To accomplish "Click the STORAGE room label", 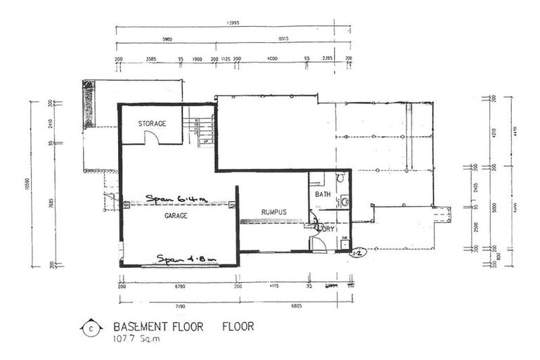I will (152, 124).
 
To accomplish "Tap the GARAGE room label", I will (176, 216).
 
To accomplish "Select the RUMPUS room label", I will (274, 212).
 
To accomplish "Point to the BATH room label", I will (323, 194).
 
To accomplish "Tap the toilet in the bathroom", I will (340, 179).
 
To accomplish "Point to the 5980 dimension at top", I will (167, 40).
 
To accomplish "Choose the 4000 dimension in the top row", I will (272, 58).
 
